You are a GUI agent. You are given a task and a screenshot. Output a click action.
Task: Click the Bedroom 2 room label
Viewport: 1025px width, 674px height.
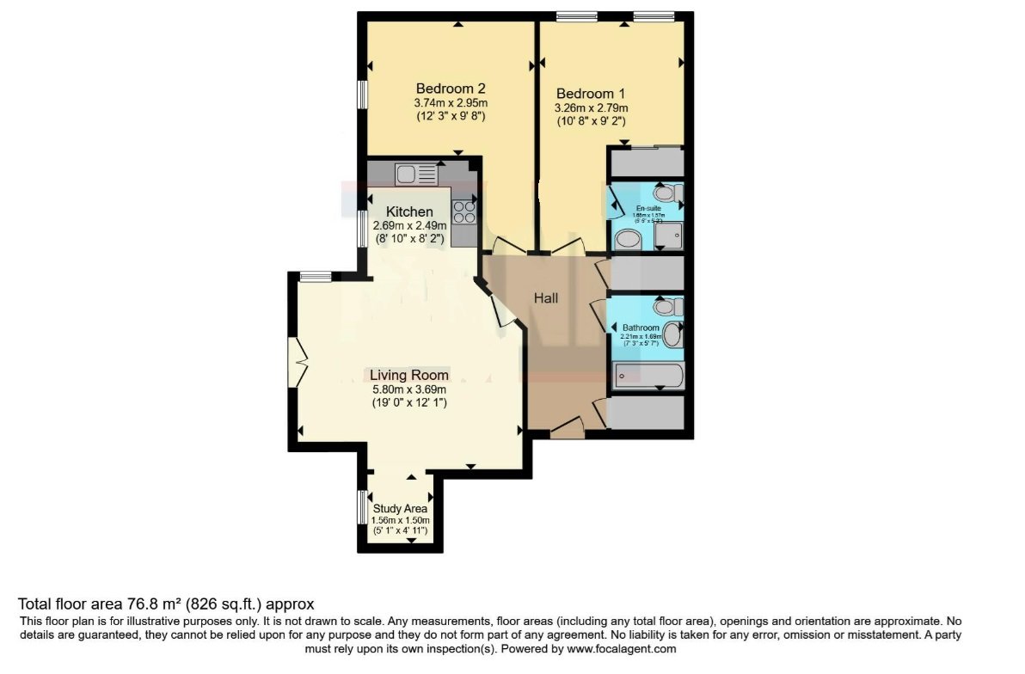[x=451, y=89]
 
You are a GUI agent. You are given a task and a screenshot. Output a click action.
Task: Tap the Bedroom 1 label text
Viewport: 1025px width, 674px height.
[x=591, y=94]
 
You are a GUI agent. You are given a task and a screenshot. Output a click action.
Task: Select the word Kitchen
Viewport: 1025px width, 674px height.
[x=408, y=211]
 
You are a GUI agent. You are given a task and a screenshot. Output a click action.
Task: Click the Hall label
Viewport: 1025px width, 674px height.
[x=546, y=298]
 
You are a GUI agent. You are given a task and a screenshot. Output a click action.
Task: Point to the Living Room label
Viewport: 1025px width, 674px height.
[x=408, y=375]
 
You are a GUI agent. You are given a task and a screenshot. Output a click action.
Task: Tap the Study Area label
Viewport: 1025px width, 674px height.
[x=400, y=509]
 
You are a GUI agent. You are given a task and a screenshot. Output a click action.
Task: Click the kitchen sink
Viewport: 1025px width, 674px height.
[x=417, y=174]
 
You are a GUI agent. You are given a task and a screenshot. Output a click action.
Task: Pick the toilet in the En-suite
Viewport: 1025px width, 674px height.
[x=668, y=193]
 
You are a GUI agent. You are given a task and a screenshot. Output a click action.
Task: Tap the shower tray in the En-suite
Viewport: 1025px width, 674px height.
[x=668, y=233]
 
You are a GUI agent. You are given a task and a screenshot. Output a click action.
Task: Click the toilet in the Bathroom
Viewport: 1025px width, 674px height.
[x=666, y=306]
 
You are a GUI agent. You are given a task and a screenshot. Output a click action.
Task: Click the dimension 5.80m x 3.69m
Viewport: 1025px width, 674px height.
[x=408, y=389]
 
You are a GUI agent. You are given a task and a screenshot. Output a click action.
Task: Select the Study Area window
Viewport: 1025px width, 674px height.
[x=362, y=507]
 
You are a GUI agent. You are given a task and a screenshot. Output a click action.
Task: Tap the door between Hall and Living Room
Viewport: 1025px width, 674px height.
[x=501, y=309]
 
